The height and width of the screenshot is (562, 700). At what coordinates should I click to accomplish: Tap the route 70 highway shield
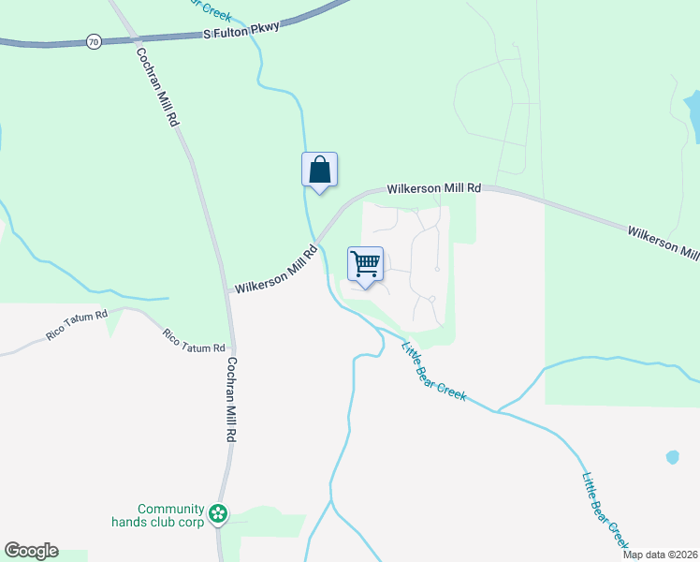[x=93, y=42]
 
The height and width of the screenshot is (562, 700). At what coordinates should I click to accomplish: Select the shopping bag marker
[x=319, y=170]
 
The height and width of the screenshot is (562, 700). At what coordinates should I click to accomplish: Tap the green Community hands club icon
[x=218, y=512]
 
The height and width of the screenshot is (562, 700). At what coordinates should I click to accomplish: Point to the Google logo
[x=31, y=551]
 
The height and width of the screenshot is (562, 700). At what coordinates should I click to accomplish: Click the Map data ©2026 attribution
[x=660, y=555]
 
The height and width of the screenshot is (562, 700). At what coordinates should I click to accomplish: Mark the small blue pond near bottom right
[x=672, y=457]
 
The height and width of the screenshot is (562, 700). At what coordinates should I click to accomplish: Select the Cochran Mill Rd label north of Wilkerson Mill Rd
[x=157, y=87]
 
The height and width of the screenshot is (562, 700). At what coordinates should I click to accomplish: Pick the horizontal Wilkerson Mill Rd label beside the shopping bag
[x=434, y=189]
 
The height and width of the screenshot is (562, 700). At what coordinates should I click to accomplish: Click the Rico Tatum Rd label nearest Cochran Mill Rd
[x=193, y=340]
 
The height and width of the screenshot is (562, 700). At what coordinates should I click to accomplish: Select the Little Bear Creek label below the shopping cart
[x=433, y=372]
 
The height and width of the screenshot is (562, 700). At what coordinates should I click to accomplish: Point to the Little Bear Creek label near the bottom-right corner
[x=605, y=510]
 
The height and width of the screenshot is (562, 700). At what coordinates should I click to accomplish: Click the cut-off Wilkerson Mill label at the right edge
[x=664, y=243]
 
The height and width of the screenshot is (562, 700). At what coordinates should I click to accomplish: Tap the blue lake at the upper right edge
[x=693, y=114]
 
